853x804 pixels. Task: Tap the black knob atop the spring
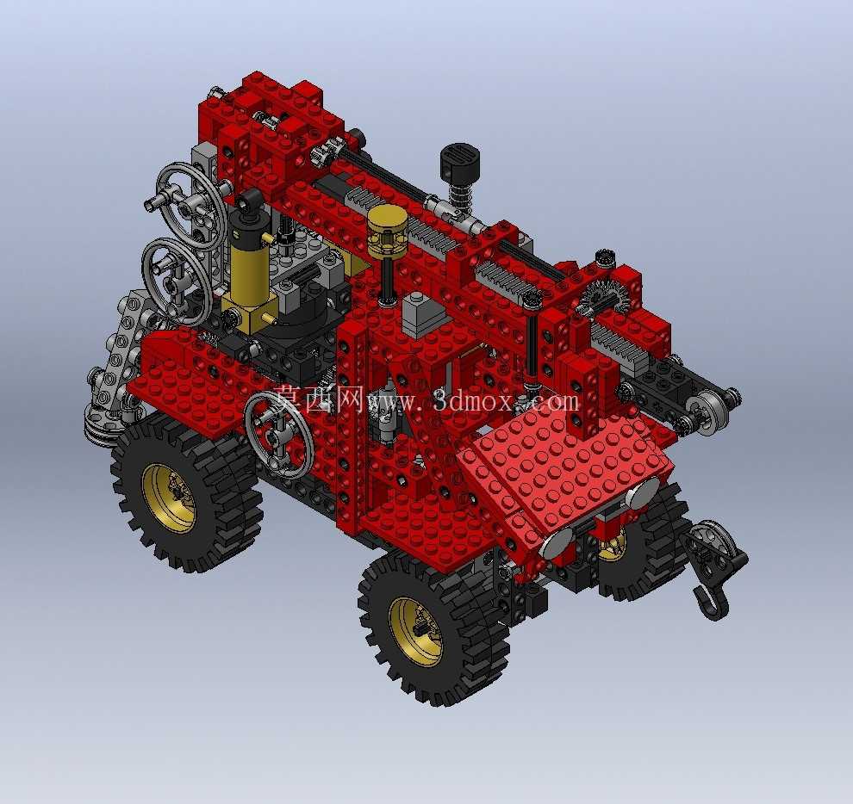(460, 159)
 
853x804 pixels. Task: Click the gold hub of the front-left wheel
(417, 631)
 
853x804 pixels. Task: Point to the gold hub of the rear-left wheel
(169, 498)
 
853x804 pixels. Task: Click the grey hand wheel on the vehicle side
(278, 435)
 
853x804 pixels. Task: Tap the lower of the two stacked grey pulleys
(177, 281)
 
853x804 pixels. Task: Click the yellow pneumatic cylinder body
(249, 272)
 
